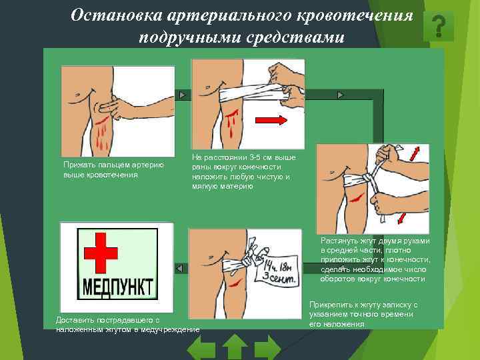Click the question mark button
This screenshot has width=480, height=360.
click(x=439, y=27)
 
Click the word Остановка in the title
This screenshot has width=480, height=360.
click(x=116, y=15)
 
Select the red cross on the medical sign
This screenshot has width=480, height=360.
click(x=101, y=253)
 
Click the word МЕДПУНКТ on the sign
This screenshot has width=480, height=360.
click(x=117, y=287)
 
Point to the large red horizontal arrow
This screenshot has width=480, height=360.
click(x=271, y=120)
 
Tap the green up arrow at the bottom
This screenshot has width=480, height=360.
click(x=235, y=347)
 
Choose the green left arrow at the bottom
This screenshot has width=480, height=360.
click(x=201, y=348)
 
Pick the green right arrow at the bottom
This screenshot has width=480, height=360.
click(x=267, y=348)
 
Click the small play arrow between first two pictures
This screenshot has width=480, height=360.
click(x=183, y=95)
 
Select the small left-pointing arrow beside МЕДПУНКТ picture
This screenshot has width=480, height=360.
click(x=180, y=269)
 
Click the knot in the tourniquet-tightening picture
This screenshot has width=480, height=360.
click(x=367, y=179)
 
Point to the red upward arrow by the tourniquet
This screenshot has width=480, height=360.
click(x=415, y=154)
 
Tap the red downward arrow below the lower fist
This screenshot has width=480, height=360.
click(x=401, y=219)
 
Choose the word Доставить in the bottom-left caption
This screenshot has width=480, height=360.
click(x=74, y=320)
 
